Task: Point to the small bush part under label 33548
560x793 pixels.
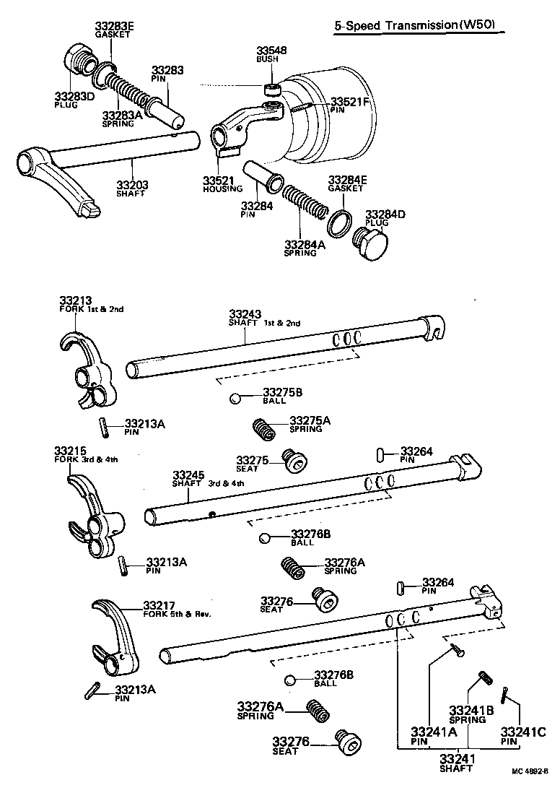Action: click(272, 90)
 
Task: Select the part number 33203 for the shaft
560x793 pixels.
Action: click(133, 186)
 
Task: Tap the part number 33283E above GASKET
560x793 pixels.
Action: click(114, 27)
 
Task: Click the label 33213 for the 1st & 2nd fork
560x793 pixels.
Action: click(74, 300)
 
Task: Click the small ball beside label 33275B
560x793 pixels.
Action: click(235, 397)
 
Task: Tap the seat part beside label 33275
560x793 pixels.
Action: click(294, 459)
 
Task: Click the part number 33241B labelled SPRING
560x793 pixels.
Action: click(471, 711)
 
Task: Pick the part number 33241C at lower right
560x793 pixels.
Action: click(522, 731)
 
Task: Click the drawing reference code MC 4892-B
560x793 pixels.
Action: click(531, 772)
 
